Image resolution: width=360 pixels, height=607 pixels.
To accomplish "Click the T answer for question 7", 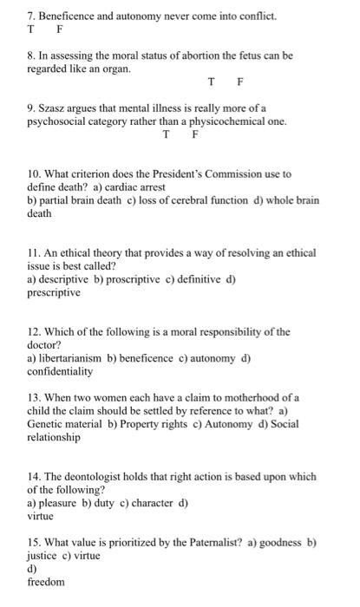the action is point(31,29).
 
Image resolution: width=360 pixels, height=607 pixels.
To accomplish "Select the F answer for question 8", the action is point(240,82).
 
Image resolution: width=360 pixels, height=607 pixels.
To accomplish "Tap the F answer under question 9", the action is point(195,135).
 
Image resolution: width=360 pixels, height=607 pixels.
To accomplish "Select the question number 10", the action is point(36,174).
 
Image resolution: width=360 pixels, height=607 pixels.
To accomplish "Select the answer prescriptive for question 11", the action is point(54,293).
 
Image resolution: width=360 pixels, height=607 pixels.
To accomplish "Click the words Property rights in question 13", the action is point(141,425).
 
